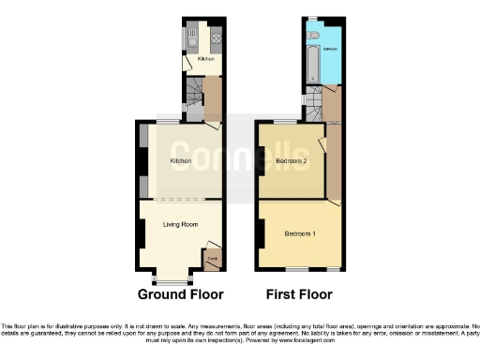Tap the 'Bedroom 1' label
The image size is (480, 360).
click(x=300, y=233)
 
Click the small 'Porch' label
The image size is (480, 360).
click(x=213, y=258)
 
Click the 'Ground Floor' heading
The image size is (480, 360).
click(x=180, y=294)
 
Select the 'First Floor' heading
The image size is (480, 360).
click(x=300, y=294)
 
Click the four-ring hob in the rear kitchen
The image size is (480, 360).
click(x=216, y=39)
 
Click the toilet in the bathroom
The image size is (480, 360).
click(x=317, y=35)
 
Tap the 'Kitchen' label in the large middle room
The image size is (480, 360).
click(x=180, y=161)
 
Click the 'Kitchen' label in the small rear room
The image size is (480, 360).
click(x=205, y=59)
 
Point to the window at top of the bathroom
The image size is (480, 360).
click(x=310, y=18)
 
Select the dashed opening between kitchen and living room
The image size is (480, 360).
click(x=180, y=199)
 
